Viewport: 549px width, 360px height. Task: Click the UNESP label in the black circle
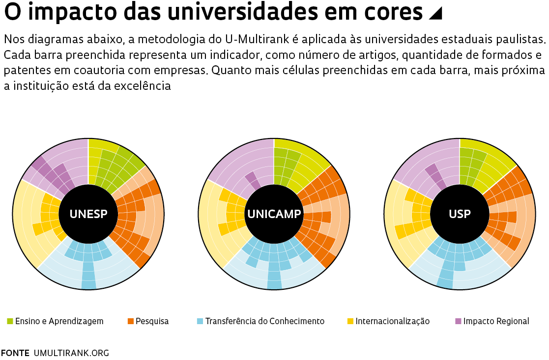pos(88,214)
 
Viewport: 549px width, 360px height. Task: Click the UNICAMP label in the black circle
pos(274,214)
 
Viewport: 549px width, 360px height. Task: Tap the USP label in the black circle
pos(460,214)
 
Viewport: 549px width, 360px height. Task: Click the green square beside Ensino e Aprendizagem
pos(10,321)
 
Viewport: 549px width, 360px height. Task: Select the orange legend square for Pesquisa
pos(131,321)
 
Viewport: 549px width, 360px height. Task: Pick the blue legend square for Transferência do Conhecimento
pos(200,321)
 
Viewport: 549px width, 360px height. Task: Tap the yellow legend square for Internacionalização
pos(350,321)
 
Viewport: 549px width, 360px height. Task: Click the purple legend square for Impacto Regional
pos(458,321)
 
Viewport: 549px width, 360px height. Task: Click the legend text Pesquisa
pos(152,321)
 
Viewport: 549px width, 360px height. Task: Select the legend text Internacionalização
pos(392,321)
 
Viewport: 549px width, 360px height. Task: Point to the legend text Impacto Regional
pos(496,321)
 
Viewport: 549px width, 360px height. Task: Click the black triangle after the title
pos(435,14)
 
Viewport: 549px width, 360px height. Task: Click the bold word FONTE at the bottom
pos(15,353)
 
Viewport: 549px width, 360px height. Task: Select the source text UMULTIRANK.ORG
pos(71,353)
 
